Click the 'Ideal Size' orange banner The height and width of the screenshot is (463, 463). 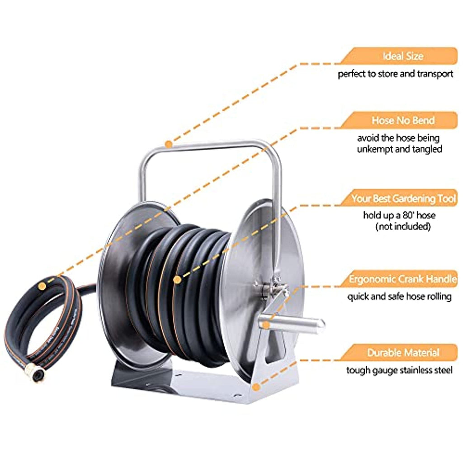tap(399, 56)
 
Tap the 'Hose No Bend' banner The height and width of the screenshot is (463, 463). tap(399, 120)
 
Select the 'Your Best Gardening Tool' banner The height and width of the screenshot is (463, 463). tap(399, 198)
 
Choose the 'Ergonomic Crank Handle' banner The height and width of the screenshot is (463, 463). tap(399, 279)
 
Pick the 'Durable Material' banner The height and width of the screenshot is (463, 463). tap(399, 353)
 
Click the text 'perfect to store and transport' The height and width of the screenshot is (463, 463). tap(395, 74)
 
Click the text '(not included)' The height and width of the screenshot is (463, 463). tap(403, 227)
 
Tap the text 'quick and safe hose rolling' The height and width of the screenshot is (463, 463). tap(400, 297)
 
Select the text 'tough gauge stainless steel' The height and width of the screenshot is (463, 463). tap(399, 370)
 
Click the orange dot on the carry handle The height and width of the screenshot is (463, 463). tap(169, 144)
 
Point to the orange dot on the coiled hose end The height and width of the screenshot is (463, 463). tap(42, 286)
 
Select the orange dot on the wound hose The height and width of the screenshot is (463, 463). tap(177, 279)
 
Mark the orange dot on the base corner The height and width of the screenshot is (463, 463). tap(256, 387)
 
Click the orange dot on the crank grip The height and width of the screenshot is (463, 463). tap(266, 325)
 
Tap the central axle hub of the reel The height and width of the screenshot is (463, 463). tap(271, 287)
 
